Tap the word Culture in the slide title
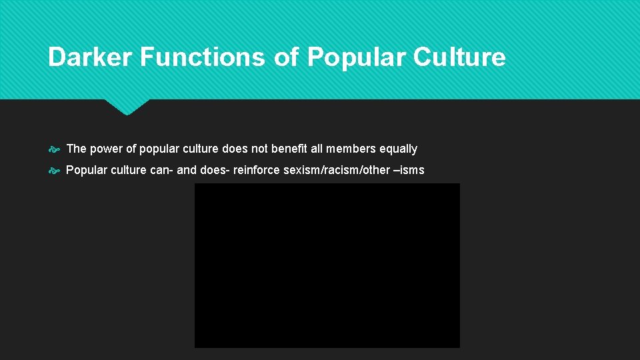(459, 57)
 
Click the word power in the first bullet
(107, 149)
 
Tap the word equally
(399, 149)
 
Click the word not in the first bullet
(259, 149)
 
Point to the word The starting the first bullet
(77, 149)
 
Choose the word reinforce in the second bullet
(257, 170)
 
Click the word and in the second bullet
(187, 170)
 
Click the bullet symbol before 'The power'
(55, 149)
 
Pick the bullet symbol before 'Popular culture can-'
(55, 171)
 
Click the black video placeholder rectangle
(327, 265)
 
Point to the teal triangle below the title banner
(127, 106)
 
